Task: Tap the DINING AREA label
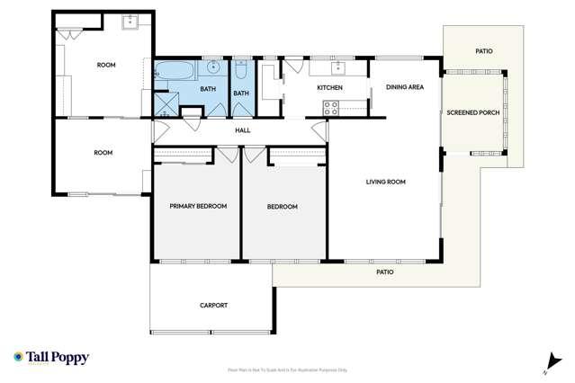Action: coord(404,87)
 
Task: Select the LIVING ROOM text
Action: coord(385,182)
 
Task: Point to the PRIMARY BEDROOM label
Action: coord(198,206)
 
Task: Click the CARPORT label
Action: coord(213,305)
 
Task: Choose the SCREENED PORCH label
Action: coord(472,112)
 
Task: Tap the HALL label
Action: coord(242,130)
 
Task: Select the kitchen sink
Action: coord(339,67)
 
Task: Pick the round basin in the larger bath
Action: coord(214,67)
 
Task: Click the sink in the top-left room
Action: coord(130,21)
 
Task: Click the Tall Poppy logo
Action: coord(51,358)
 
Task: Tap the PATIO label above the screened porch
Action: coord(483,51)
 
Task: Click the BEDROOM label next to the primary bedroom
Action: coord(282,207)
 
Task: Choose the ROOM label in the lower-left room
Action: coord(103,153)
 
